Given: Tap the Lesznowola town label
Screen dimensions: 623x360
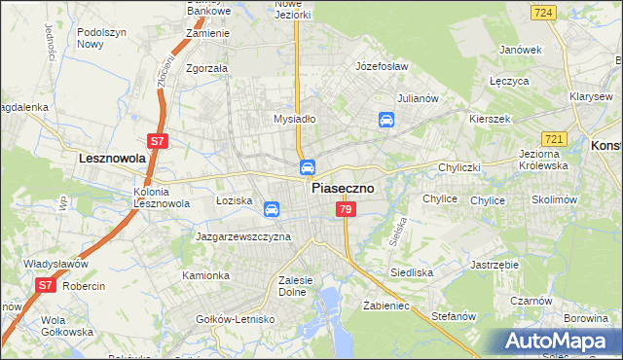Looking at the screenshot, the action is (112, 157).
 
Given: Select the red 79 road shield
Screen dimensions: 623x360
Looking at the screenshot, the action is (344, 210).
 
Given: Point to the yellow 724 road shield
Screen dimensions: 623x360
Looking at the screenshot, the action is (544, 12).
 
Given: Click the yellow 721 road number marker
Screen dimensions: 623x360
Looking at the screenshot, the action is (581, 142).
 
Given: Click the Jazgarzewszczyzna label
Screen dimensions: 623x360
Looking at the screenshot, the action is (243, 236).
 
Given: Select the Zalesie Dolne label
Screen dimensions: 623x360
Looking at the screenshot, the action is (294, 286).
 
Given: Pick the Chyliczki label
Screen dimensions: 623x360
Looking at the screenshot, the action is (459, 167).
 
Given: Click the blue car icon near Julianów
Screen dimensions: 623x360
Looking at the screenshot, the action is (386, 121).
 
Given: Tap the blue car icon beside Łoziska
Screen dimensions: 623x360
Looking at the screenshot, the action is (272, 209).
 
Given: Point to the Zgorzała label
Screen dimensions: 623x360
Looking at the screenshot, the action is (206, 69).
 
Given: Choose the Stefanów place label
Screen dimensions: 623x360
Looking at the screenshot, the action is (453, 316).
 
